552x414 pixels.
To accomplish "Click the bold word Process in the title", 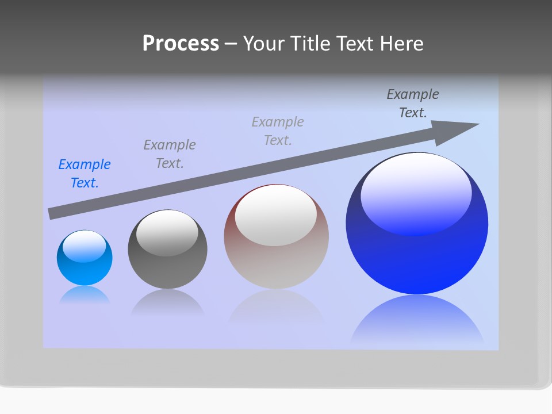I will (x=181, y=44).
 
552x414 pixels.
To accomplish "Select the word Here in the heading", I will (x=401, y=44).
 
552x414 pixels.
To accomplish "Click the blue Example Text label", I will (x=85, y=174).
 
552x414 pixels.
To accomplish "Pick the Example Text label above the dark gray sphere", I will (x=170, y=154).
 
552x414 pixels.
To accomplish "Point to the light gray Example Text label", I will (x=278, y=131).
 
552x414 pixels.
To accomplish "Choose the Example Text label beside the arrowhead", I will (x=413, y=103).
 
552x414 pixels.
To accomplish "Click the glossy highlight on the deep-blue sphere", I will (x=416, y=193).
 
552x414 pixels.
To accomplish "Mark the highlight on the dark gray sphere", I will (x=167, y=232).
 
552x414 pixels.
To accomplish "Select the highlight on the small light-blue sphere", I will (x=85, y=246).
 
